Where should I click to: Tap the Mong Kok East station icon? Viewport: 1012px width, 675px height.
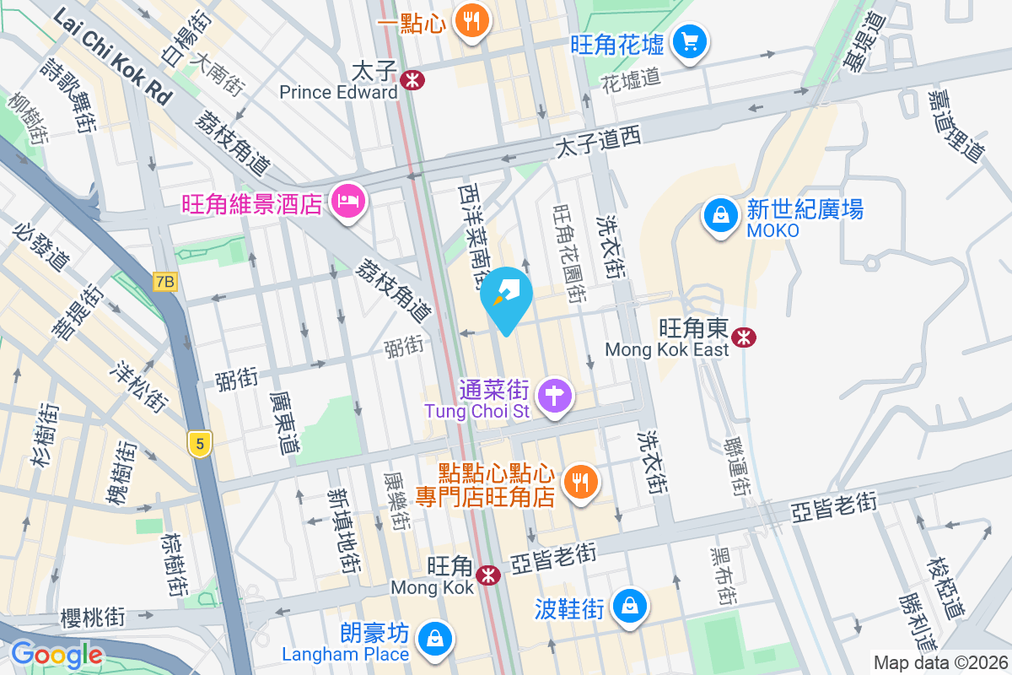point(744,337)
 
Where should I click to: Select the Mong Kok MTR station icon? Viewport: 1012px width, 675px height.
point(487,575)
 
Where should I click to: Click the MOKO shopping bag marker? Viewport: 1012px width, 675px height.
point(721,215)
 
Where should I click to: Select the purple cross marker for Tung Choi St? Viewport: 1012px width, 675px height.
point(556,395)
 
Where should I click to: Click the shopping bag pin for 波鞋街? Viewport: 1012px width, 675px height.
point(630,605)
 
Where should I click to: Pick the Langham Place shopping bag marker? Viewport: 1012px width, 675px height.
point(435,637)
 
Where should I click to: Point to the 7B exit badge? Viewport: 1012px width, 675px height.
point(165,283)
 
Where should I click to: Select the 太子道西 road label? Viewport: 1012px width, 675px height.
point(598,142)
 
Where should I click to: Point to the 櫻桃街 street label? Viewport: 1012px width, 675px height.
point(93,617)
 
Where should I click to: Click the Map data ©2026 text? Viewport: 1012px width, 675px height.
point(939,663)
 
